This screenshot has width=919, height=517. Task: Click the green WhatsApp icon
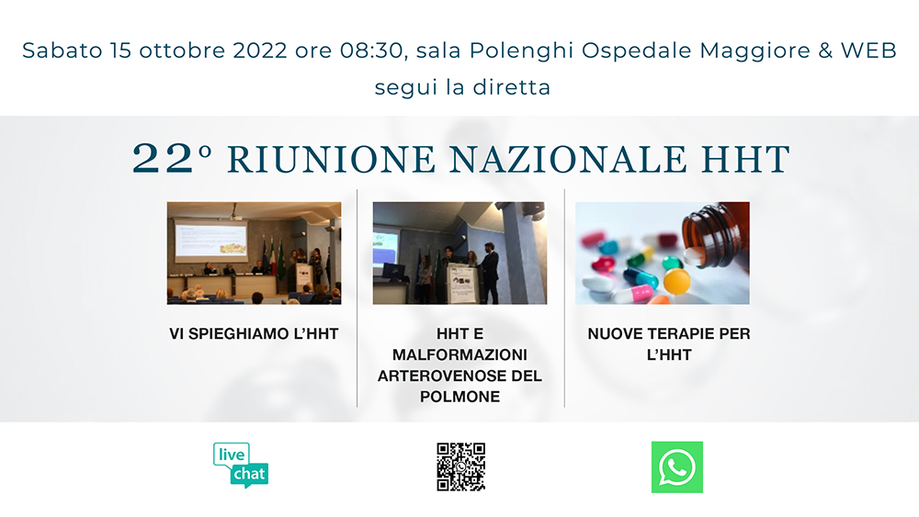tap(677, 467)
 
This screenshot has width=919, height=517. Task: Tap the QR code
tap(460, 466)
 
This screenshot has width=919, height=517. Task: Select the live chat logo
tap(241, 465)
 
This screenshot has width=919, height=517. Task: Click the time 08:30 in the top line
tap(372, 51)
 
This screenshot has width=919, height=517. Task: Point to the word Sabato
tap(62, 51)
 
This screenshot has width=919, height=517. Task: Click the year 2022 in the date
tap(260, 51)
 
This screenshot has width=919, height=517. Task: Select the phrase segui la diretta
tap(462, 87)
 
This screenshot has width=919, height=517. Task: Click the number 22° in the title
tap(172, 158)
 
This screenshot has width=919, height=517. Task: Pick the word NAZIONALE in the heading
tap(568, 159)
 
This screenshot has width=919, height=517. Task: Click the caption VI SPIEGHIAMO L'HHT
tap(254, 333)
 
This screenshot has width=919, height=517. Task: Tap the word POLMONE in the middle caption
tap(460, 397)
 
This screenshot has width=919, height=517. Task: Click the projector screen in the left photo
tap(211, 240)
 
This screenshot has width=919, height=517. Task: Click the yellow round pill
tap(677, 281)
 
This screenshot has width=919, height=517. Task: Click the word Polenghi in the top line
tap(521, 51)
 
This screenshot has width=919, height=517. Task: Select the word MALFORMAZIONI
tap(460, 354)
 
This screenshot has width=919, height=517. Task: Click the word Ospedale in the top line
tap(637, 51)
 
